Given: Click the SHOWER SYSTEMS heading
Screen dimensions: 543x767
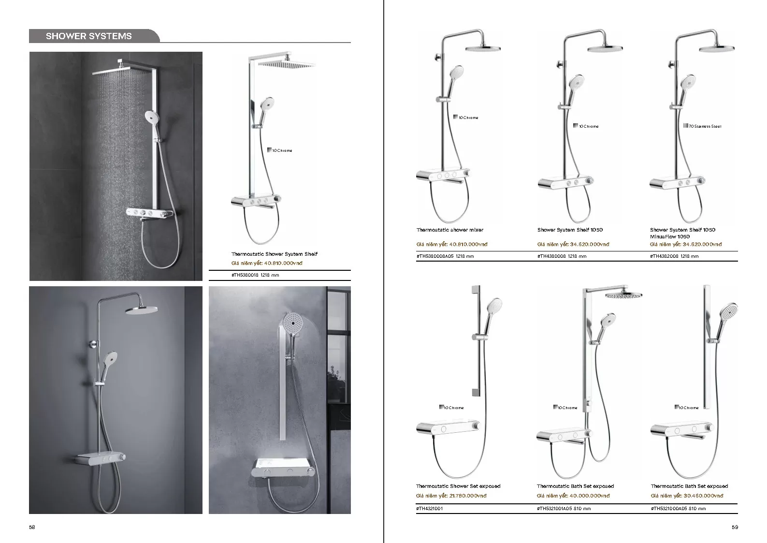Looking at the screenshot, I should (88, 36).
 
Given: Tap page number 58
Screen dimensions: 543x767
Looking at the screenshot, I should (32, 528).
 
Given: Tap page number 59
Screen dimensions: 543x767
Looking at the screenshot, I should (735, 528).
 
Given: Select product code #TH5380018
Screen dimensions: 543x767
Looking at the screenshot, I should (246, 275).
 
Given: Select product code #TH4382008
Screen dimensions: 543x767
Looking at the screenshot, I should (664, 256).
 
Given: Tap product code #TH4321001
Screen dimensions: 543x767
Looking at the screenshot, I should (429, 509).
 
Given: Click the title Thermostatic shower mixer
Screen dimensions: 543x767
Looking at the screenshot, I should (449, 230).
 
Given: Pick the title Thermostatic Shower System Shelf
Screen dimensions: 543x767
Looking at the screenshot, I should (274, 254).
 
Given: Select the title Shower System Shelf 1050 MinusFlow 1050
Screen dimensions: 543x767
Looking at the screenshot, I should (682, 233).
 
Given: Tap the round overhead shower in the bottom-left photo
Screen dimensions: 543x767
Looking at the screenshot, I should (143, 310).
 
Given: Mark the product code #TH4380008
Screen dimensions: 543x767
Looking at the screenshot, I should (551, 256).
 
